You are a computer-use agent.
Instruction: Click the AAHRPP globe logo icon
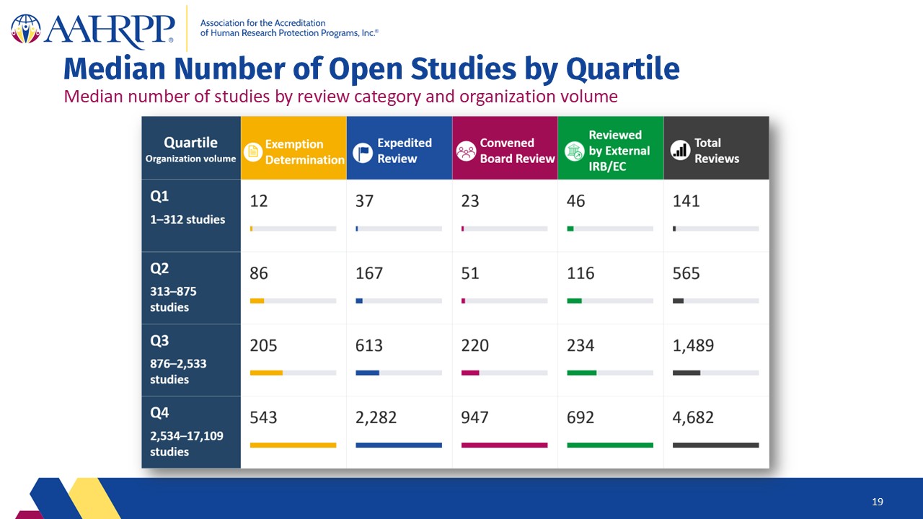(26, 29)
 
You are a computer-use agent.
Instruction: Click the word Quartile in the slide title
(623, 68)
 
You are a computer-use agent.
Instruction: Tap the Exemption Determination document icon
(253, 151)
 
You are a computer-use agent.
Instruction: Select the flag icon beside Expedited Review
(363, 152)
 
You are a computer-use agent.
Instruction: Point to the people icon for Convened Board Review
(466, 151)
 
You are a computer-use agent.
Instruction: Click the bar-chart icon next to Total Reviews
(680, 150)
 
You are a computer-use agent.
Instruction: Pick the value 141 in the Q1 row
(686, 201)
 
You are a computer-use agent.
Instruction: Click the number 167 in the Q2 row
(369, 273)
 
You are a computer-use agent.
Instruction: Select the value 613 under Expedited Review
(369, 345)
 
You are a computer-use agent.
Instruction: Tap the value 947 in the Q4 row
(474, 417)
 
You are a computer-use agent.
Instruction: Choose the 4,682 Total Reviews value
(693, 417)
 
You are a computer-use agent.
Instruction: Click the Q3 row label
(159, 341)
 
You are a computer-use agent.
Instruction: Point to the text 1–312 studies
(187, 220)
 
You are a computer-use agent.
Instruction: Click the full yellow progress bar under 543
(293, 445)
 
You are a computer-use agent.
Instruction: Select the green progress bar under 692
(610, 445)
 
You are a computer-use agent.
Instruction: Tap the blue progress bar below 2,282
(399, 445)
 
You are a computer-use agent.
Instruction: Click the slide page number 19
(878, 502)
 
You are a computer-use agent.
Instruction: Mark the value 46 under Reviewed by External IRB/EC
(575, 201)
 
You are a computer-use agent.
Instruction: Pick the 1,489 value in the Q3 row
(693, 345)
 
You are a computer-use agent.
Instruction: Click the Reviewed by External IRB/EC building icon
(575, 151)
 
